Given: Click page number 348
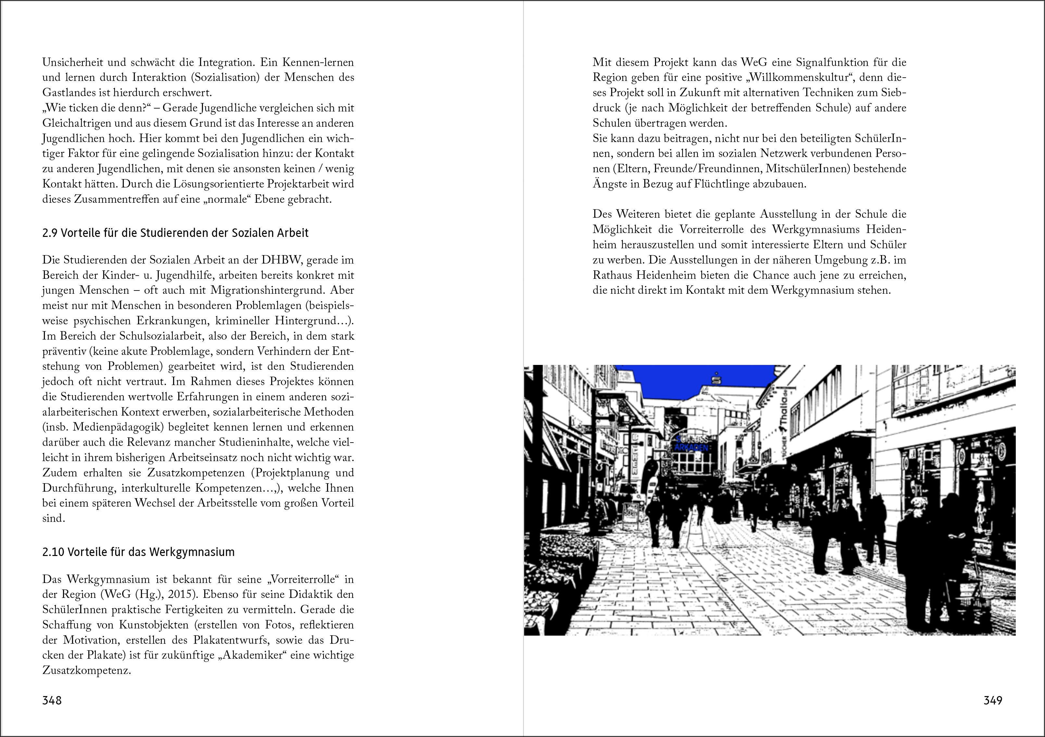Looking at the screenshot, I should click(x=52, y=700).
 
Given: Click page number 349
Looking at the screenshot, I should click(x=993, y=700).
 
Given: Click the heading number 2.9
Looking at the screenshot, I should click(x=50, y=233).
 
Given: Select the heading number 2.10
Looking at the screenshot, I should click(x=53, y=552).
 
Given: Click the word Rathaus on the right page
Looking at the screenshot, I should click(x=612, y=275).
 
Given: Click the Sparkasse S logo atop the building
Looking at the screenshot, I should click(x=718, y=379).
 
